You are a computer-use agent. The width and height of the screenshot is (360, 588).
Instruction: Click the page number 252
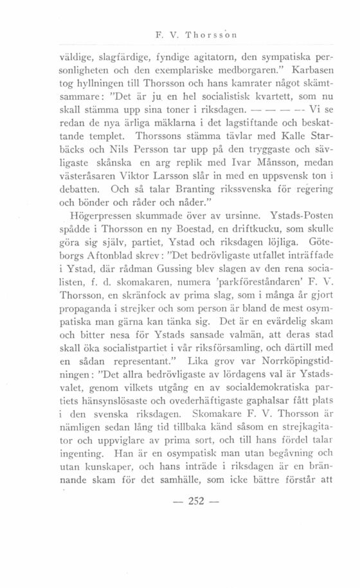[179, 538]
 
